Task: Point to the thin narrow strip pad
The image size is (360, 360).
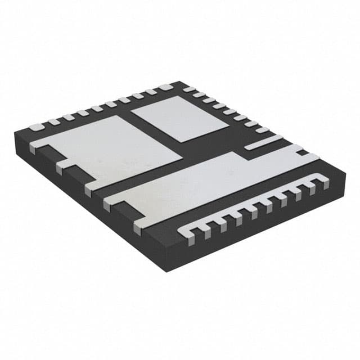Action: pos(264,142)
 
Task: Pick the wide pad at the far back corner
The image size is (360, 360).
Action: pos(165,87)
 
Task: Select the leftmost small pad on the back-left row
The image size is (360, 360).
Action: pos(35,127)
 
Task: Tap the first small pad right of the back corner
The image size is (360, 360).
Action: pos(189,89)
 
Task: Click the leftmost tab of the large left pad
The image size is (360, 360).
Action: pos(34,148)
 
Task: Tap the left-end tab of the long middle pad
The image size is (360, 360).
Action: pos(107,203)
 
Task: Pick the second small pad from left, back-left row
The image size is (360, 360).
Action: pos(53,121)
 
